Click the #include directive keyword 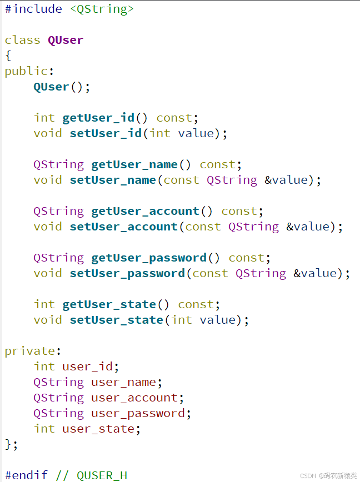coord(33,9)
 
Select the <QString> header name coord(102,9)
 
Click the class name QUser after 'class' coord(66,40)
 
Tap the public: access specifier coord(26,71)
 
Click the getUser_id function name coord(98,118)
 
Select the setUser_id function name coord(106,133)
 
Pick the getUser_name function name coord(134,164)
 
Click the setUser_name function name coord(113,180)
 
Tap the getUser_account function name coord(145,211)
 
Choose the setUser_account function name coord(123,227)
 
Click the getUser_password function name coord(149,258)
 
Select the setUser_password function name coord(127,273)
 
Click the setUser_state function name coord(116,320)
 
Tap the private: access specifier coord(30,351)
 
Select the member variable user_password coord(123,413)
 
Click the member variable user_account coord(120,398)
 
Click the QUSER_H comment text coord(102,475)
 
